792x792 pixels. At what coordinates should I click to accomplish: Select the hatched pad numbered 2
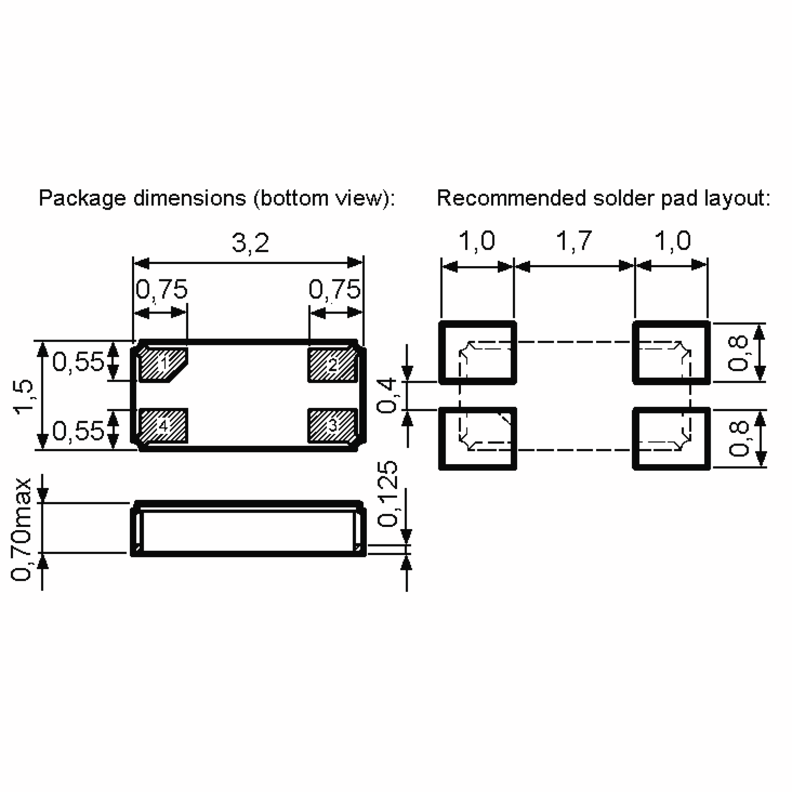[332, 365]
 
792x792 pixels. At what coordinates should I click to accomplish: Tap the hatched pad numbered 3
[332, 425]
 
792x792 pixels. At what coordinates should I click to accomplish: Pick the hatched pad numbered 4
[164, 425]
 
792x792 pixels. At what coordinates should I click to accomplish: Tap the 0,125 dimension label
[387, 494]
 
